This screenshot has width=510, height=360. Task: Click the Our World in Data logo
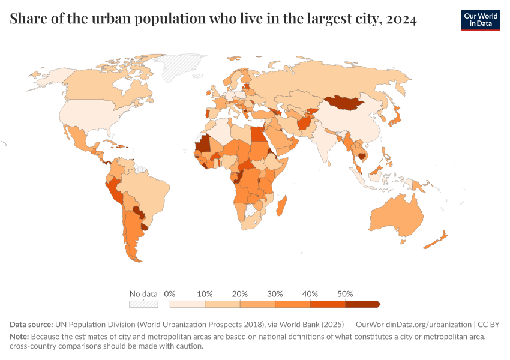[480, 20]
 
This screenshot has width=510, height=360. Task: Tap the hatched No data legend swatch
[143, 304]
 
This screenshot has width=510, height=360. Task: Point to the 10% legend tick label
[205, 294]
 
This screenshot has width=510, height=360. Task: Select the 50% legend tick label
[345, 294]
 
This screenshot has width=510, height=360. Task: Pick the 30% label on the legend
[275, 294]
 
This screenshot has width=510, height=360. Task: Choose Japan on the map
[396, 118]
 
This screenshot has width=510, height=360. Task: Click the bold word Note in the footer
[19, 337]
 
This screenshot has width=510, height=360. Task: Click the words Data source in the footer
[31, 324]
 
